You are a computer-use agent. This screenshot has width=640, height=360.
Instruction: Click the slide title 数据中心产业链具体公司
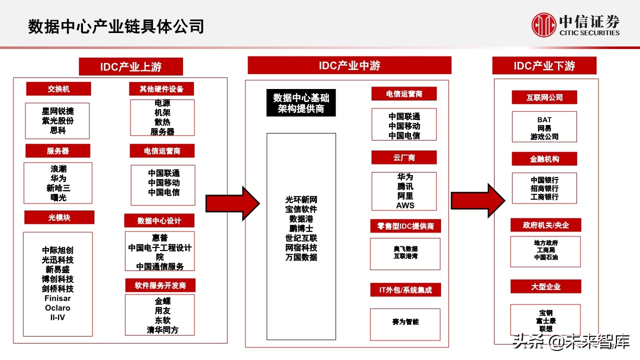pyautogui.click(x=116, y=26)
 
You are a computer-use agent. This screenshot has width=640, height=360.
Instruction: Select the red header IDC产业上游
pyautogui.click(x=131, y=66)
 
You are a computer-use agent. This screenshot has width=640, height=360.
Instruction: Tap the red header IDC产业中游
pyautogui.click(x=349, y=65)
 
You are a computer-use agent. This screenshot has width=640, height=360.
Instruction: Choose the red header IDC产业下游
pyautogui.click(x=544, y=66)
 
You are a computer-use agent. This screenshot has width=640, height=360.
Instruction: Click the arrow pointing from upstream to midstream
pyautogui.click(x=232, y=203)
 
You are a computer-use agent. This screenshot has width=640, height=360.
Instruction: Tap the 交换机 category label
pyautogui.click(x=58, y=89)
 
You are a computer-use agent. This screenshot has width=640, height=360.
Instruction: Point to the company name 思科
pyautogui.click(x=57, y=130)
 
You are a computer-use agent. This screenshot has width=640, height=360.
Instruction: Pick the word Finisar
pyautogui.click(x=57, y=298)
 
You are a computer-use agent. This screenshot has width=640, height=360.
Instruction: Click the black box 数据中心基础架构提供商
pyautogui.click(x=301, y=103)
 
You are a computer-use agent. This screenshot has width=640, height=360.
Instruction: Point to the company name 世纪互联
pyautogui.click(x=301, y=238)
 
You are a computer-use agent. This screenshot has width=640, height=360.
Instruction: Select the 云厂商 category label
pyautogui.click(x=404, y=157)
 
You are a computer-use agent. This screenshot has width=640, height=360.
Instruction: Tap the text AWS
pyautogui.click(x=405, y=205)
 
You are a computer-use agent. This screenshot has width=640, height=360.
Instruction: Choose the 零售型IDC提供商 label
pyautogui.click(x=405, y=226)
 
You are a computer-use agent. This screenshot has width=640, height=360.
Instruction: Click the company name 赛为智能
pyautogui.click(x=405, y=321)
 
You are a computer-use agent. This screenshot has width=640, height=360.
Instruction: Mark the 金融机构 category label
pyautogui.click(x=544, y=159)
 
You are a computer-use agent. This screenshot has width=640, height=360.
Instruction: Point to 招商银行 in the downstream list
pyautogui.click(x=544, y=188)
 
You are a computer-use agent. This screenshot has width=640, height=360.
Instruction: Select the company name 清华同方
pyautogui.click(x=162, y=330)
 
